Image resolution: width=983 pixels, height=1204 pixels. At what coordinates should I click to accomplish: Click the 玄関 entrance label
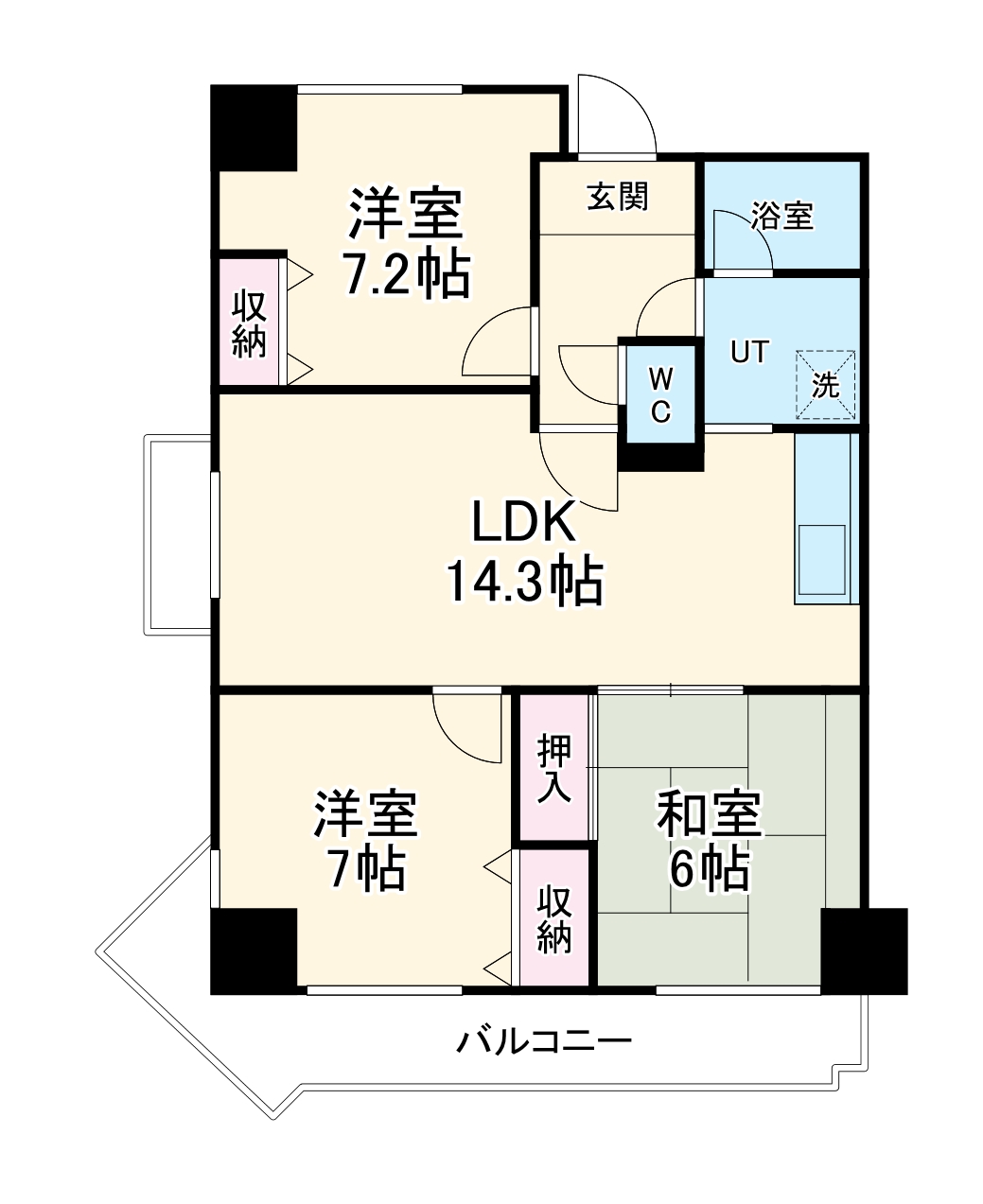click(x=618, y=197)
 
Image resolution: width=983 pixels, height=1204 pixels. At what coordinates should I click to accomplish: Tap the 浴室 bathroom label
click(x=782, y=216)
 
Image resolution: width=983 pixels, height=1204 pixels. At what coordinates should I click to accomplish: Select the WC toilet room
click(x=660, y=394)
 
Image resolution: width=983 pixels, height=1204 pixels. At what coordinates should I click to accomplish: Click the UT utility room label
click(x=748, y=352)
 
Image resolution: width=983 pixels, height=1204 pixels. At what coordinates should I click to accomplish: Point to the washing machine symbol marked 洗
click(x=826, y=385)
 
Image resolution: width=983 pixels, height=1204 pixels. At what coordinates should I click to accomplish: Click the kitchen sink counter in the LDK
click(x=824, y=519)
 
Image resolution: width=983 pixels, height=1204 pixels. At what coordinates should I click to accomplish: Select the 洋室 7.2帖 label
click(x=406, y=243)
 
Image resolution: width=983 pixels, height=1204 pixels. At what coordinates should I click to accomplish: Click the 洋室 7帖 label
click(x=365, y=841)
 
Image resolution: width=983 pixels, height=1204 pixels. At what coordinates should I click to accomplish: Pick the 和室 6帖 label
click(x=709, y=841)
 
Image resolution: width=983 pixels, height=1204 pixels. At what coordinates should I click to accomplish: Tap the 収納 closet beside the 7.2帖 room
click(x=250, y=323)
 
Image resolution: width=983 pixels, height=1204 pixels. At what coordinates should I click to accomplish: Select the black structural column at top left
click(x=254, y=128)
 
